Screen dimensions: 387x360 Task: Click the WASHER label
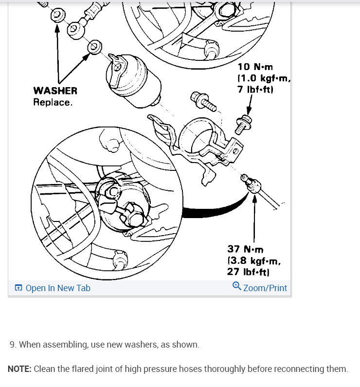click(x=55, y=91)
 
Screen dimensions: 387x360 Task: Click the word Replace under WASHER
click(x=53, y=102)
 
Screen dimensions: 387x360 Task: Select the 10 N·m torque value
click(x=255, y=67)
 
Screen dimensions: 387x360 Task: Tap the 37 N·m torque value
click(x=245, y=249)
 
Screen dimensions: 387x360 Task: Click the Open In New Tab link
click(x=57, y=288)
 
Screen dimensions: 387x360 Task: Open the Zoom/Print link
click(x=265, y=288)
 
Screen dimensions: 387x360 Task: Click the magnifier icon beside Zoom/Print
click(x=237, y=286)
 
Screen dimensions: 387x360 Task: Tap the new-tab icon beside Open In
click(x=18, y=288)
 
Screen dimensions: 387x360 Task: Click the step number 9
click(x=12, y=345)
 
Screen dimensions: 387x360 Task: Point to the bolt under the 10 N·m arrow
click(x=241, y=124)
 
